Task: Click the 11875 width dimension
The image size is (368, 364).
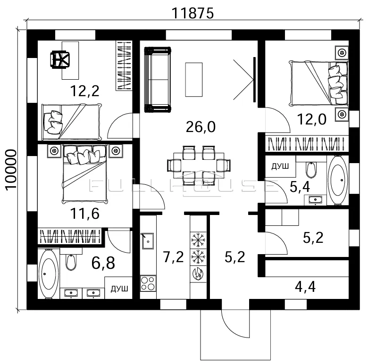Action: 192,13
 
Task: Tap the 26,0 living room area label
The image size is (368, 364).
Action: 201,127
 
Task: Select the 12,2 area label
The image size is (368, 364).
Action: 85,91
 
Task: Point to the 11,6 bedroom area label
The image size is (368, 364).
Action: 85,214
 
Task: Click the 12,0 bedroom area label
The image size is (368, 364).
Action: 312,119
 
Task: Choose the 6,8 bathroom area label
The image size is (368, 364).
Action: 103,263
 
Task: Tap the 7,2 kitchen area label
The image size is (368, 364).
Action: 173,257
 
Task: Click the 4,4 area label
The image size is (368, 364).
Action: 305,287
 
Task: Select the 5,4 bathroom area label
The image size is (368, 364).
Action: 300,187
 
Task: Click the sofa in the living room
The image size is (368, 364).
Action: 158,80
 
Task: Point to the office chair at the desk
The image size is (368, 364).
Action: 60,60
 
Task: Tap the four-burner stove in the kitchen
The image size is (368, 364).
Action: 148,283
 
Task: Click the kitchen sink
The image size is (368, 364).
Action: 148,241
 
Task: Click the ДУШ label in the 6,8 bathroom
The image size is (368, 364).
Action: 119,289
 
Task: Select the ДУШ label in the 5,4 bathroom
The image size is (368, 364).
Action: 280,166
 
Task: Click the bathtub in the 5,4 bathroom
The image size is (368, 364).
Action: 338,181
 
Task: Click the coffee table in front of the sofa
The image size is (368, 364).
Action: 194,80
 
